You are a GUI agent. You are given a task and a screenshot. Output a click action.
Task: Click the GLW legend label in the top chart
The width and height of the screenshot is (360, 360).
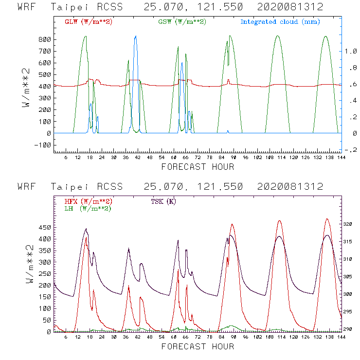pyautogui.click(x=89, y=22)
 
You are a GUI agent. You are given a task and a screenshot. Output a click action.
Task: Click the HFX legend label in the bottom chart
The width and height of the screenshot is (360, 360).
pyautogui.click(x=89, y=201)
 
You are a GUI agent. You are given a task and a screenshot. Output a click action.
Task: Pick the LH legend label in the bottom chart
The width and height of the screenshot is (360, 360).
pyautogui.click(x=88, y=208)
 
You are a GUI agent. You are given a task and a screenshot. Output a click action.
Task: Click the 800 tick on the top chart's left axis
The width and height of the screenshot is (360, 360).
pyautogui.click(x=44, y=39)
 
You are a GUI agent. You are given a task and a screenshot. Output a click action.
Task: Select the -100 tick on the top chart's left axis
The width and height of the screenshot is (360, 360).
pyautogui.click(x=42, y=145)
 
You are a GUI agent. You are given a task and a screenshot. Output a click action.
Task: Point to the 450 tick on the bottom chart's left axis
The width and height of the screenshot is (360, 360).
pyautogui.click(x=44, y=227)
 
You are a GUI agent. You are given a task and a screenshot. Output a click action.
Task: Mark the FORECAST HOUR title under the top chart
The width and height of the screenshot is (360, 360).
pyautogui.click(x=198, y=167)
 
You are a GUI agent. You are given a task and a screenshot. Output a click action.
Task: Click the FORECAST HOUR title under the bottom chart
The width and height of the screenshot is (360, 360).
pyautogui.click(x=198, y=346)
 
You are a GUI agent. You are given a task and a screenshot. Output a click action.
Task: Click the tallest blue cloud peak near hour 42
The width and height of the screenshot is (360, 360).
pyautogui.click(x=136, y=36)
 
